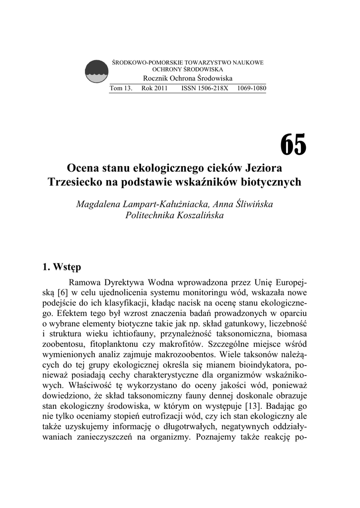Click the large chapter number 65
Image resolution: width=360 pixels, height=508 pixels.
click(293, 145)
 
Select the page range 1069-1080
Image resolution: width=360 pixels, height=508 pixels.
click(252, 88)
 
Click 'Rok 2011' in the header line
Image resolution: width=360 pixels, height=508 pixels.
click(154, 88)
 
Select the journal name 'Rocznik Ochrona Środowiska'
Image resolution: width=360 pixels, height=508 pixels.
click(188, 79)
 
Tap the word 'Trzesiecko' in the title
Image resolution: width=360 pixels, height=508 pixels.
click(76, 182)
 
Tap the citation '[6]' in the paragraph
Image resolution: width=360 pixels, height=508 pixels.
click(66, 293)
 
